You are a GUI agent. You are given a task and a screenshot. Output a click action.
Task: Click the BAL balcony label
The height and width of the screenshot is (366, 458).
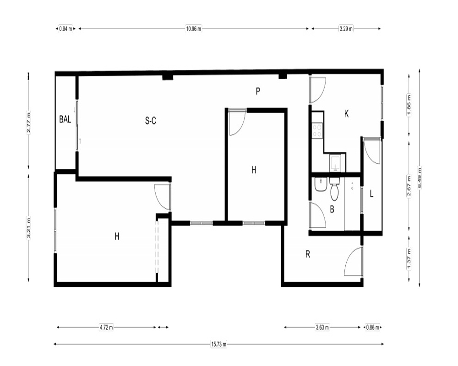point(65,119)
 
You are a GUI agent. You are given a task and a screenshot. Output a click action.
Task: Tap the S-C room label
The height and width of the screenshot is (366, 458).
point(150,120)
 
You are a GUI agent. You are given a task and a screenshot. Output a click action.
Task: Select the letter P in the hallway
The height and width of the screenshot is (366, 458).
point(257,91)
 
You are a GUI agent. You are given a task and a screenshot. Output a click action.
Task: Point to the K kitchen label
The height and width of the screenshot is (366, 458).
point(346,114)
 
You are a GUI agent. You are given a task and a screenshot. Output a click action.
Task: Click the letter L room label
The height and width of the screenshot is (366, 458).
point(371,194)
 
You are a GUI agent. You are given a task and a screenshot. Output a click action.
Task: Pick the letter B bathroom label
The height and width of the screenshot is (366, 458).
point(332,209)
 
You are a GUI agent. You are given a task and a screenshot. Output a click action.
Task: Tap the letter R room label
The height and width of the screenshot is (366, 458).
point(308,254)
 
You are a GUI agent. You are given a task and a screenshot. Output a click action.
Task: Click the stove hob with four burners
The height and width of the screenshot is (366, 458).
point(317,130)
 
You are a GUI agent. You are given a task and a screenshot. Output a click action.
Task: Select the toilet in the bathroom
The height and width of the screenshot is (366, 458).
point(334,189)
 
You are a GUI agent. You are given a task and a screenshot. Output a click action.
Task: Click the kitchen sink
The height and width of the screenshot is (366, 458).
point(335,162)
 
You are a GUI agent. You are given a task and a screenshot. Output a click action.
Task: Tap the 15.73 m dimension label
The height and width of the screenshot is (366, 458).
point(219,344)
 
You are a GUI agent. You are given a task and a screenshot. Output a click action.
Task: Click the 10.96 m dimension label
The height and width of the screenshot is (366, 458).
point(194,29)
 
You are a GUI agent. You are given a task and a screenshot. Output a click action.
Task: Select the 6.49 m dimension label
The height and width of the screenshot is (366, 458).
point(420,178)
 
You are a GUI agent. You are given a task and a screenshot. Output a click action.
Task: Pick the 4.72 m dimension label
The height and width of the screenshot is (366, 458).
point(106,327)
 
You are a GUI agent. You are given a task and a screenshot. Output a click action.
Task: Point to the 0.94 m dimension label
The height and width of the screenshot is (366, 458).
point(65,29)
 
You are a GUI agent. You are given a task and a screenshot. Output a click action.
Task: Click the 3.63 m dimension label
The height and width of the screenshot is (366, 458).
point(322,327)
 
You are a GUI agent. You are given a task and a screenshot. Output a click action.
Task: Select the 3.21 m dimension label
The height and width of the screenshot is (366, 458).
point(28,228)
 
